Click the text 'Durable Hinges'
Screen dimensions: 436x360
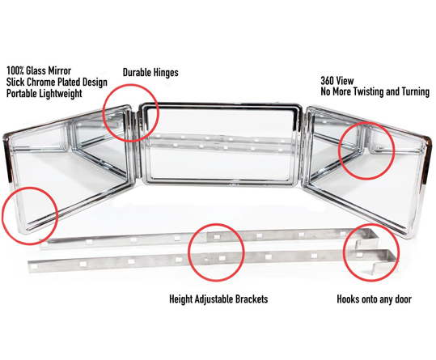click(150, 73)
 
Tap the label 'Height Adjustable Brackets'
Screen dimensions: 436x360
click(218, 299)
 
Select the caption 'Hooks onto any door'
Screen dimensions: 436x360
click(374, 299)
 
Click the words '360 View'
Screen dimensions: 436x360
click(337, 81)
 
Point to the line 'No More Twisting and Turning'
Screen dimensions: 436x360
click(375, 91)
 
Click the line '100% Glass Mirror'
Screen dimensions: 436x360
click(39, 70)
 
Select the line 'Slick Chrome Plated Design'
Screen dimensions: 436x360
click(57, 82)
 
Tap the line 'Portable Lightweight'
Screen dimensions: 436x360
click(44, 93)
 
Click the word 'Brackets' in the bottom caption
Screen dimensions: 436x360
click(252, 299)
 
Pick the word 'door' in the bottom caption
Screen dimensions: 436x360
click(403, 299)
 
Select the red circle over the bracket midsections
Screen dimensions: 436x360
click(216, 225)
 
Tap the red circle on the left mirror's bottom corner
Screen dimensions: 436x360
click(30, 188)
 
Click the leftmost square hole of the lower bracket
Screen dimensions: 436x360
click(35, 266)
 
